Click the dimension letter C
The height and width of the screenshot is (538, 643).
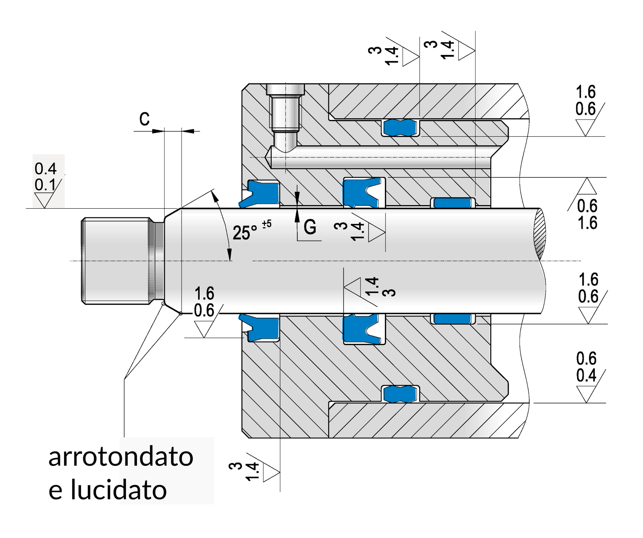tap(144, 119)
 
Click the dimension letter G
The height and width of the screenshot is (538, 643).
tap(310, 227)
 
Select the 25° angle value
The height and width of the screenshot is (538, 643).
tap(245, 233)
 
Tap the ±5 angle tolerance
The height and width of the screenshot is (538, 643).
tap(267, 224)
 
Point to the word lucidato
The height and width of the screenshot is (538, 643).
tap(119, 490)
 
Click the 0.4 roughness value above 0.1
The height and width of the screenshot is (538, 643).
tap(46, 169)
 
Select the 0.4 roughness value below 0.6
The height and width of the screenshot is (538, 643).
tap(586, 375)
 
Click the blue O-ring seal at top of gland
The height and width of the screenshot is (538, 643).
tap(401, 128)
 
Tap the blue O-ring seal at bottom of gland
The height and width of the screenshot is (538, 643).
tap(401, 394)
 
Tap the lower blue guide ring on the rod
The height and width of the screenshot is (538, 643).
tap(453, 319)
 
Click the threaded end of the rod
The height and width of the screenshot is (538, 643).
tap(116, 261)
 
